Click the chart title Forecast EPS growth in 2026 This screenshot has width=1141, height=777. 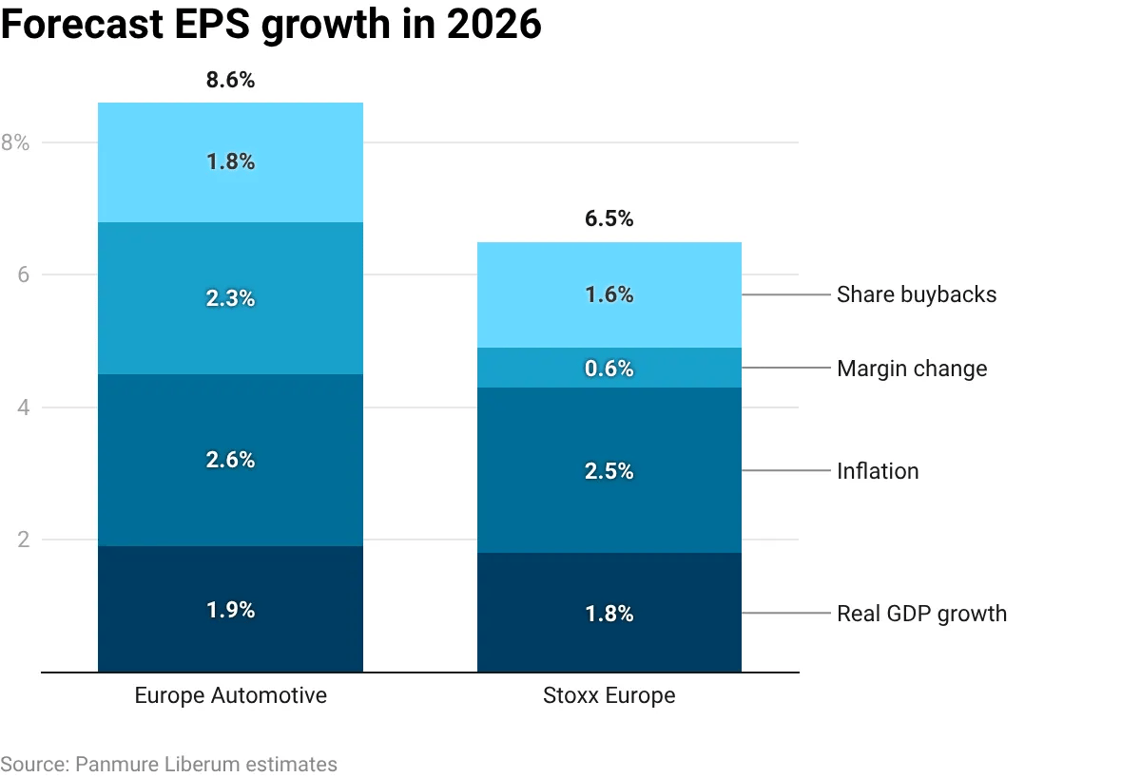tap(271, 26)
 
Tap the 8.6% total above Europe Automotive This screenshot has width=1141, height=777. tap(230, 81)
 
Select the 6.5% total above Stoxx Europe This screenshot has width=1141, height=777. tap(609, 219)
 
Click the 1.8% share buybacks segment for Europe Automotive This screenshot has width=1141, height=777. tap(230, 162)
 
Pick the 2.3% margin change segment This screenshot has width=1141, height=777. tap(230, 298)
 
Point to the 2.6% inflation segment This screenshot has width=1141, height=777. tap(230, 460)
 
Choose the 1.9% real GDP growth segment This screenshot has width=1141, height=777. tap(230, 610)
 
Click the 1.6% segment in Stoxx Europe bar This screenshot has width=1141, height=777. tap(609, 295)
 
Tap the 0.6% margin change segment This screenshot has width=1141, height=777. tap(609, 369)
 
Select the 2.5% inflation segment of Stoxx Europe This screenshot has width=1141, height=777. tap(609, 471)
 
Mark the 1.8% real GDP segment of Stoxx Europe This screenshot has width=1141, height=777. tap(609, 614)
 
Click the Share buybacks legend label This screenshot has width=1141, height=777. tap(917, 294)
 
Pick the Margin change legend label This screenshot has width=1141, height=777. tap(912, 369)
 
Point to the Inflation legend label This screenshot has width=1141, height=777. tap(878, 471)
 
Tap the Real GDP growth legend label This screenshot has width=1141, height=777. tap(921, 614)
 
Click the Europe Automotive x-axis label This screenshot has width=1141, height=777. tap(230, 695)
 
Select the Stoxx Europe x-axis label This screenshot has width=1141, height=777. tap(609, 695)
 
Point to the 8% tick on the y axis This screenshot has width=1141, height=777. tap(16, 143)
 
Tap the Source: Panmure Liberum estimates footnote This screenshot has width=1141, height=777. tap(168, 764)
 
